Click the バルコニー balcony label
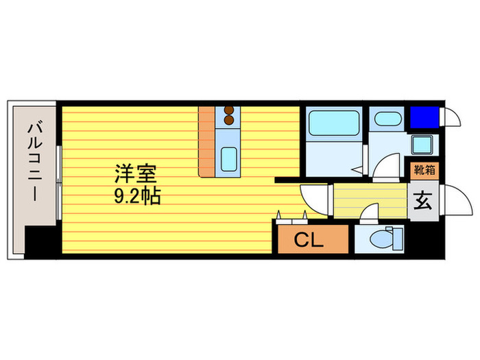coord(33,162)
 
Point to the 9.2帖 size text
coord(137,197)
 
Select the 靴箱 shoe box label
coord(423,169)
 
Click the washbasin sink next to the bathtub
coord(387,119)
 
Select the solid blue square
coord(423,117)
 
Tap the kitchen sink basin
coord(229,158)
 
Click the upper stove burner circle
coord(229,112)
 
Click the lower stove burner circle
coord(229,122)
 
